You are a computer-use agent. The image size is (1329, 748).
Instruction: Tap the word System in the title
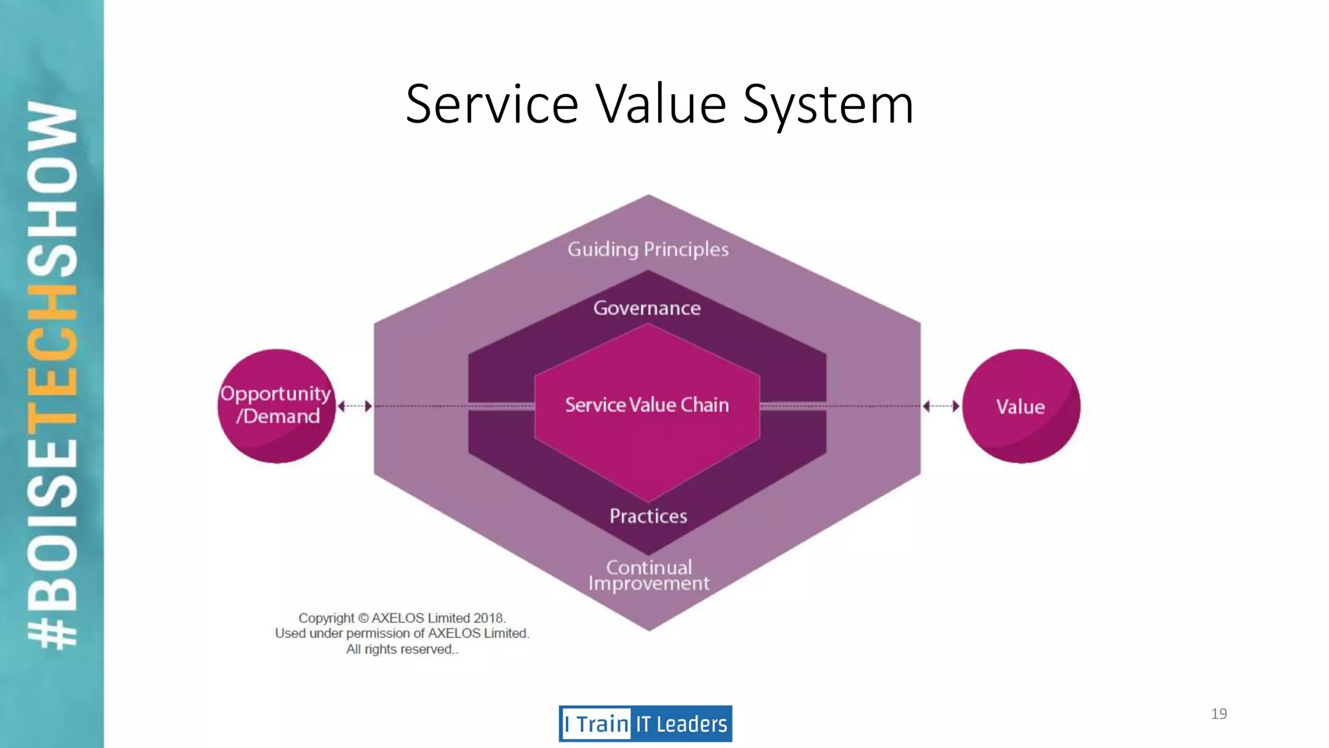point(828,105)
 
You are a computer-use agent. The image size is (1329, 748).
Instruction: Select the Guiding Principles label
point(648,249)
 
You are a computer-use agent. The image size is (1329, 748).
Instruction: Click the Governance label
point(647,308)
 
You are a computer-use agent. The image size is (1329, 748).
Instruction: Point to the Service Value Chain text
point(647,405)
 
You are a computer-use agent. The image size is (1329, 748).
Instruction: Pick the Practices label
point(648,516)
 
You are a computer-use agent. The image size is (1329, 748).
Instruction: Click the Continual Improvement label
point(649,575)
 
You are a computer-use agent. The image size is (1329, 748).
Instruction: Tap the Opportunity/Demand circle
point(277,406)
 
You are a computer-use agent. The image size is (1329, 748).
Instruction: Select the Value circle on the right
point(1021,406)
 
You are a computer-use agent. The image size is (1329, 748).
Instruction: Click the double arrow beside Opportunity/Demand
point(355,406)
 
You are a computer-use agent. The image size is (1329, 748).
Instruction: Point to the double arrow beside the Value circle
point(941,406)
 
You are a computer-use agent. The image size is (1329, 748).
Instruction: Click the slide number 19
point(1219,714)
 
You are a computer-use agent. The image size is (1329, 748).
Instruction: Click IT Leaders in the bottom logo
point(681,724)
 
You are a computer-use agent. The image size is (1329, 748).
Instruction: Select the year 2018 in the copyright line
point(489,618)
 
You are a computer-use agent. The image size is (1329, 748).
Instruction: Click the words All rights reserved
point(402,649)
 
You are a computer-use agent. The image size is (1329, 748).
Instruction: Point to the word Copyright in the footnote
point(326,618)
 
